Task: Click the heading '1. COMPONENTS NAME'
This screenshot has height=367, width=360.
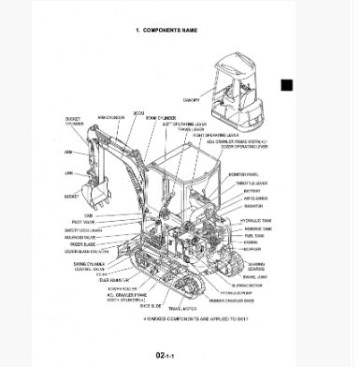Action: tap(166, 30)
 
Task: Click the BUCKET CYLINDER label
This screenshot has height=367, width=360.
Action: tap(73, 122)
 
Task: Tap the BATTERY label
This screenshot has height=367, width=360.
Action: tap(251, 191)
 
